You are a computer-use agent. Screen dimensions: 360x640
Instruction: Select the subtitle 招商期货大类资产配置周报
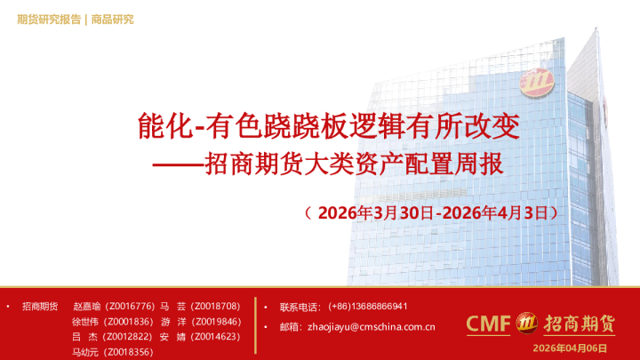click(x=355, y=165)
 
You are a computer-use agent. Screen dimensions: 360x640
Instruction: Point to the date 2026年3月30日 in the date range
click(x=374, y=213)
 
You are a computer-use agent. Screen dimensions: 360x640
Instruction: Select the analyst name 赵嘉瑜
click(x=89, y=306)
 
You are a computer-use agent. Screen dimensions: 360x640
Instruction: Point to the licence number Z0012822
click(x=130, y=336)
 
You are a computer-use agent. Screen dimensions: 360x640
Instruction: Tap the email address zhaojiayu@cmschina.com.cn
click(x=370, y=327)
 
